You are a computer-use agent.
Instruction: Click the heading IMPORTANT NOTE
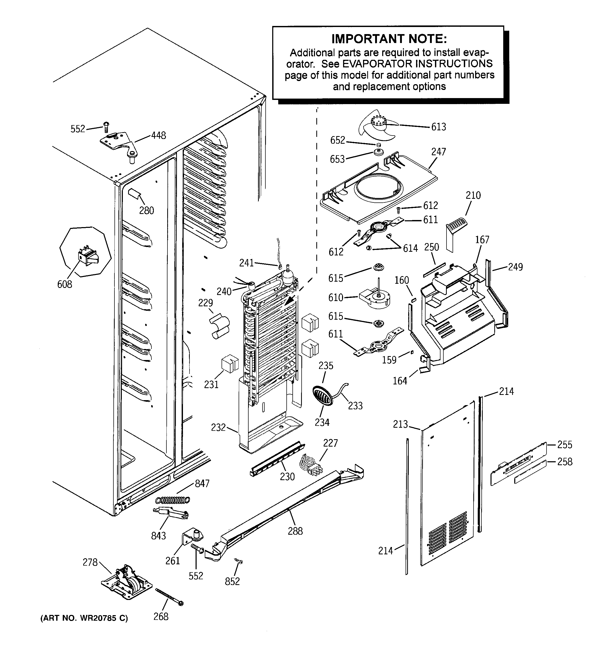coord(389,39)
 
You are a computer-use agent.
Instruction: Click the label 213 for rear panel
coord(400,424)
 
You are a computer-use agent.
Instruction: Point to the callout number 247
coord(438,152)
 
